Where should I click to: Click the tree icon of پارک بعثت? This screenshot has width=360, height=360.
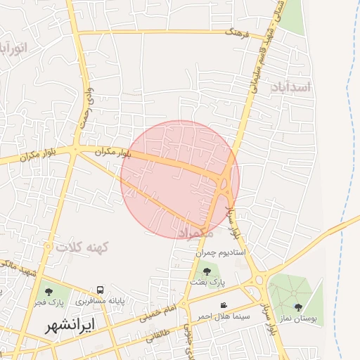(207, 270)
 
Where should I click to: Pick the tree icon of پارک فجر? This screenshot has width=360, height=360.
(49, 290)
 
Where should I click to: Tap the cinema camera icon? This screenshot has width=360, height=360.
(224, 305)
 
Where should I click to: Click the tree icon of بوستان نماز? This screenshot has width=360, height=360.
(298, 307)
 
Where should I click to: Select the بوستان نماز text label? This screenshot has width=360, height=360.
(297, 319)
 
